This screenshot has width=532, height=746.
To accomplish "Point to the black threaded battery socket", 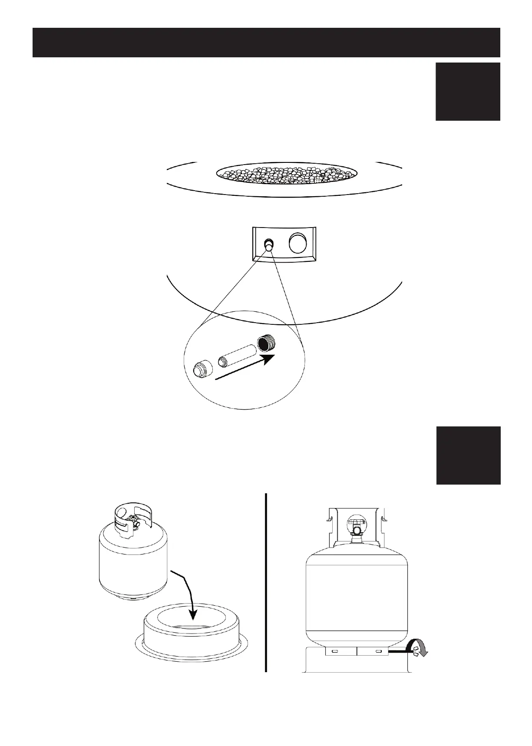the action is point(266,343).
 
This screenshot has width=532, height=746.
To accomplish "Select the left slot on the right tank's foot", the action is point(335,652).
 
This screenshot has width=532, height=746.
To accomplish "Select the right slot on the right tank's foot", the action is point(379,652).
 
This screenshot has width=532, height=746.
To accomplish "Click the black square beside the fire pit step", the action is point(468,91).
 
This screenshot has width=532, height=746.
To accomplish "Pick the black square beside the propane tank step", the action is point(468,455).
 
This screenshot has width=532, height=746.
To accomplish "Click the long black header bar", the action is point(266,43).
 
